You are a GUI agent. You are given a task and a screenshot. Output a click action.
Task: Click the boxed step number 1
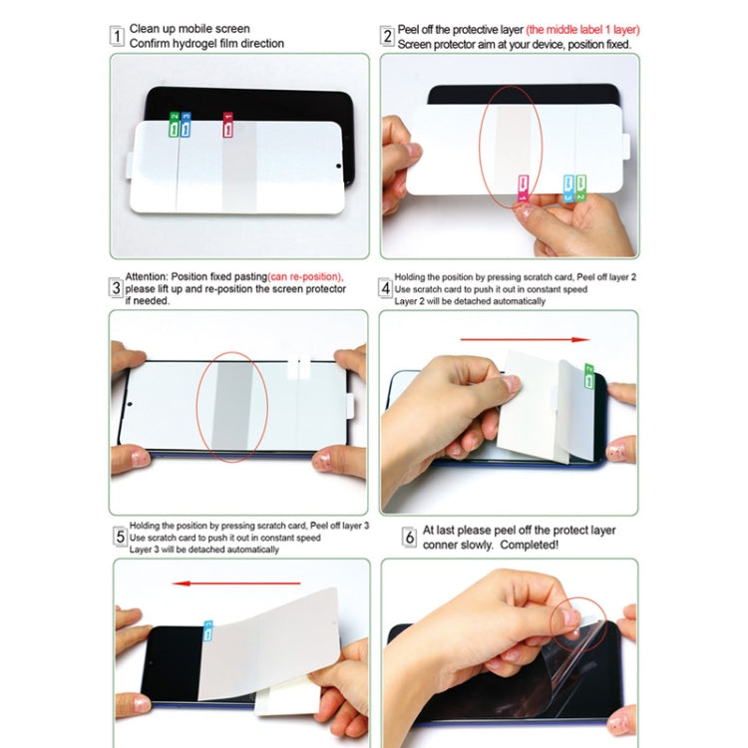[117, 38]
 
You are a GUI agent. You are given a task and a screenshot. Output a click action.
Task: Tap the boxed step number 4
[386, 288]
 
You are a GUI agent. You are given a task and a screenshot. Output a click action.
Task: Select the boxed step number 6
[409, 538]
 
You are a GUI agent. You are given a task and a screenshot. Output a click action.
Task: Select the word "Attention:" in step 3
[147, 276]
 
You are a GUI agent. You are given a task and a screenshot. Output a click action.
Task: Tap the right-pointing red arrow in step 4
[527, 340]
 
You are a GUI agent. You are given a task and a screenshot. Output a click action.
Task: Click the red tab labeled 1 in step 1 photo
[228, 126]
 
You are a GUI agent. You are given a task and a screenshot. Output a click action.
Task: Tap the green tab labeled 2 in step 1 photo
[174, 126]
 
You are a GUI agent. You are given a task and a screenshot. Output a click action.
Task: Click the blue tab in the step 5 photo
[208, 630]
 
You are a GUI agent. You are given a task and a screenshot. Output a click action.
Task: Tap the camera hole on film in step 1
[337, 167]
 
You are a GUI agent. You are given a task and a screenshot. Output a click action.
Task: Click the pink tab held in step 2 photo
[523, 187]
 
